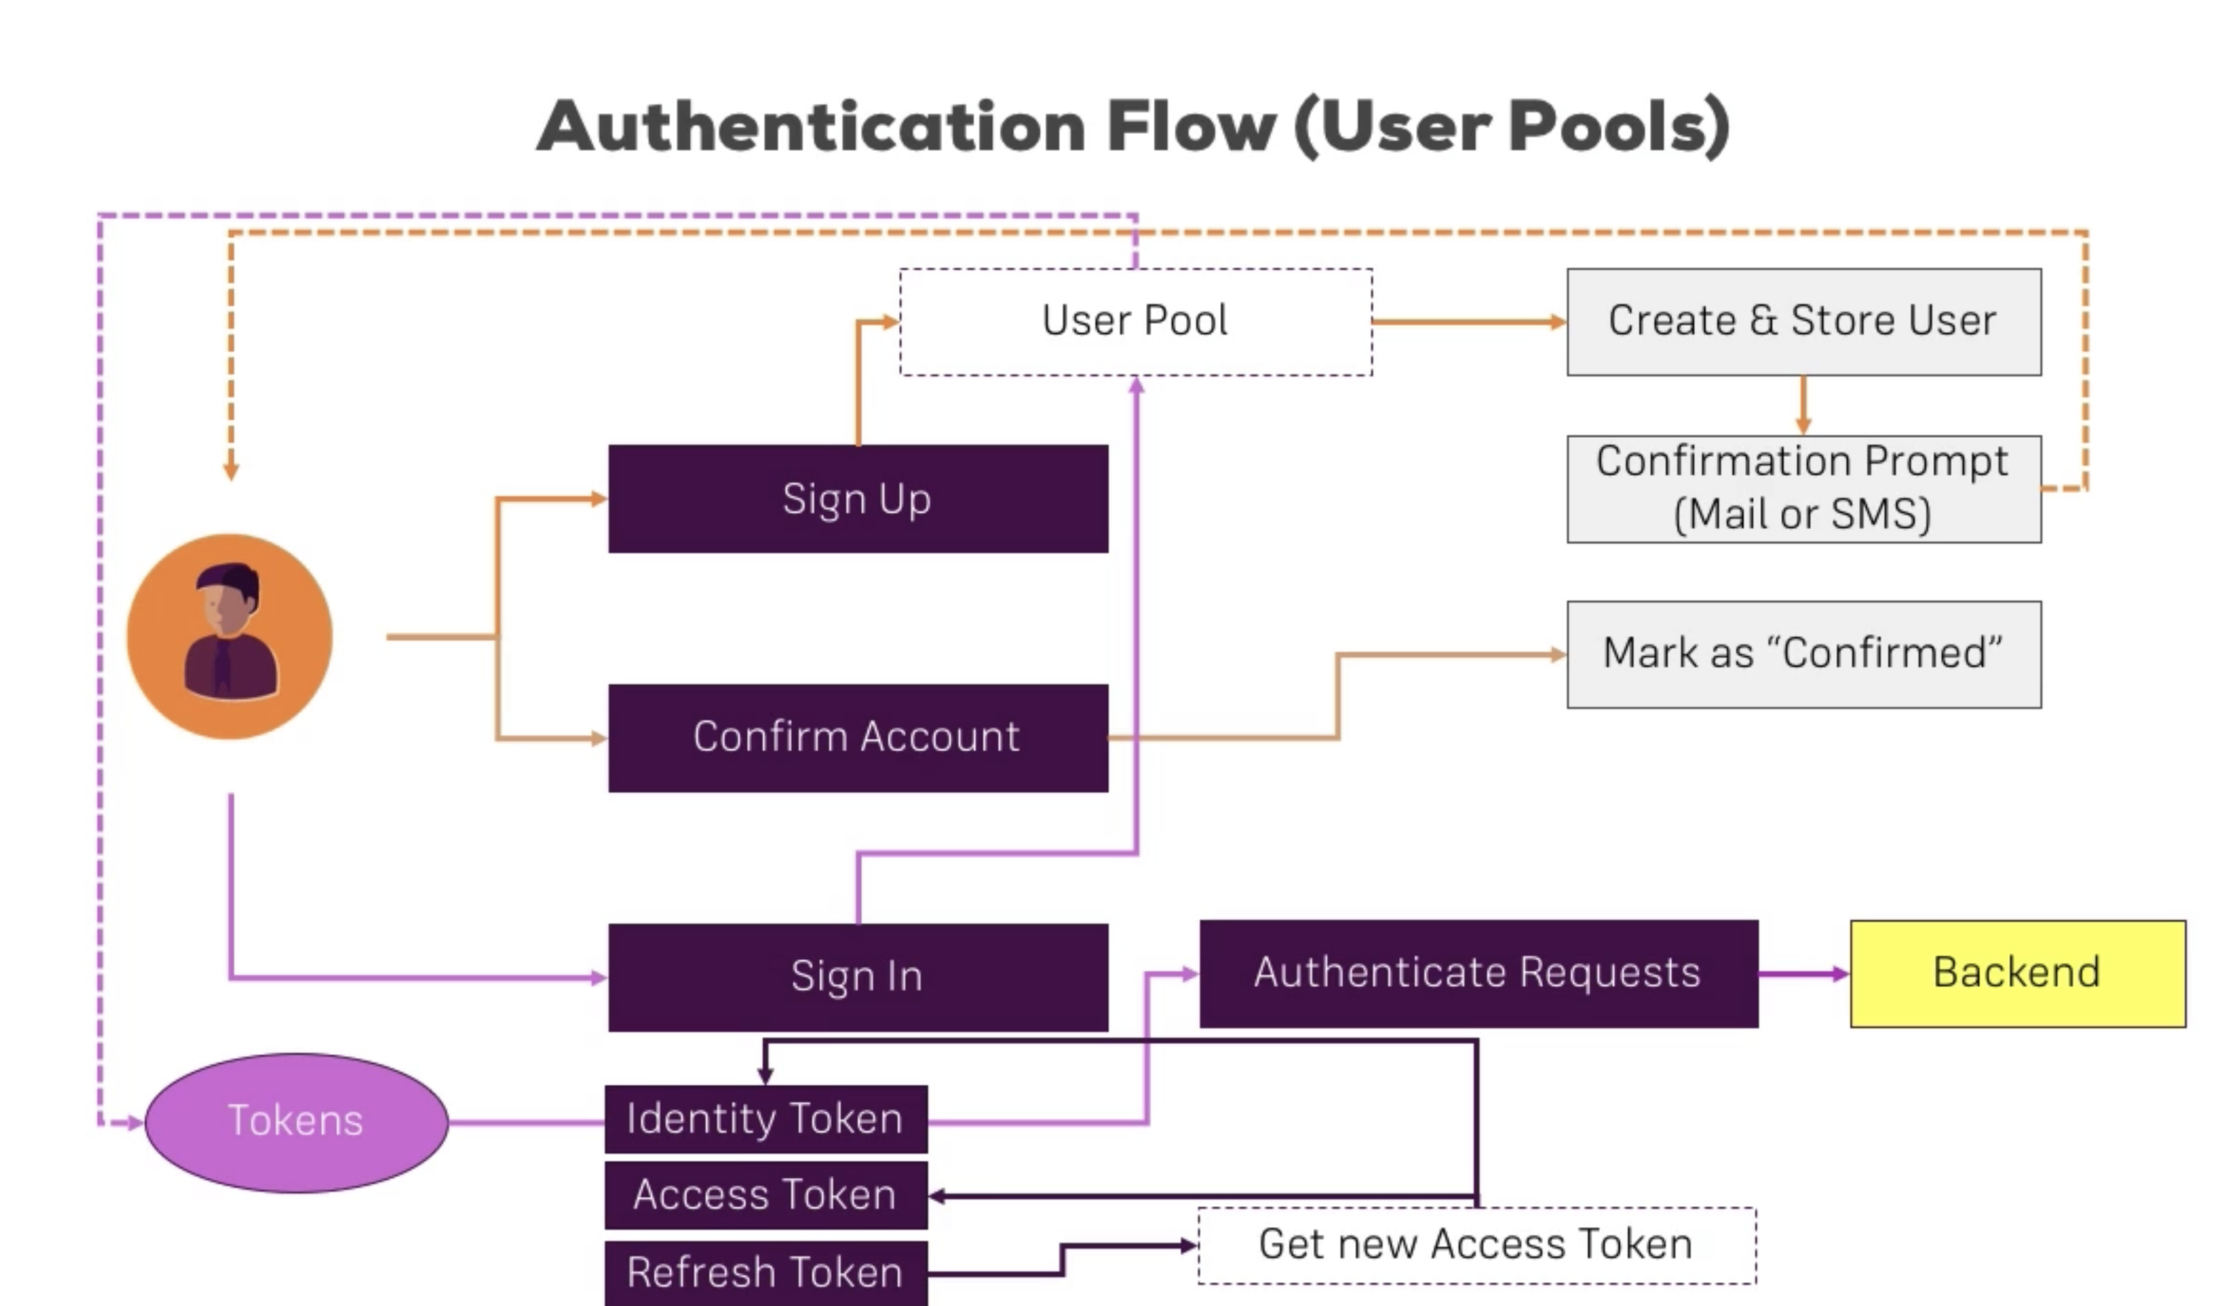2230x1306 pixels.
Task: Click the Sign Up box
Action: point(858,499)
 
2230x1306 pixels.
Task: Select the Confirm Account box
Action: point(858,737)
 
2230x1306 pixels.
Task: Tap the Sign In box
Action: point(858,977)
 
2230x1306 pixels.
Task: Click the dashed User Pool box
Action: point(1135,321)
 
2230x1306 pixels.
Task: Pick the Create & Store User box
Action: point(1804,321)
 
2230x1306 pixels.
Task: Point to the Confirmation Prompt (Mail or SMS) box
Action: point(1804,489)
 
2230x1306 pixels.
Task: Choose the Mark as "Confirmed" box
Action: point(1804,654)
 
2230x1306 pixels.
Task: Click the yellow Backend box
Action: point(2017,973)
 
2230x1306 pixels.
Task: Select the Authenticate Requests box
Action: point(1478,973)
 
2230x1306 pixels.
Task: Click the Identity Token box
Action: point(765,1119)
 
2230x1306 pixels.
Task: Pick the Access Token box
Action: point(765,1195)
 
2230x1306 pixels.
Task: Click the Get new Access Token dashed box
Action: point(1476,1245)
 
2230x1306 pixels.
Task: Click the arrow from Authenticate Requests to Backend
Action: point(1804,974)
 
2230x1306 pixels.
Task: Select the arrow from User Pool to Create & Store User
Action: point(1469,322)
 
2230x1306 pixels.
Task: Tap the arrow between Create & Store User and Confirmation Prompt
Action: point(1804,405)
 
